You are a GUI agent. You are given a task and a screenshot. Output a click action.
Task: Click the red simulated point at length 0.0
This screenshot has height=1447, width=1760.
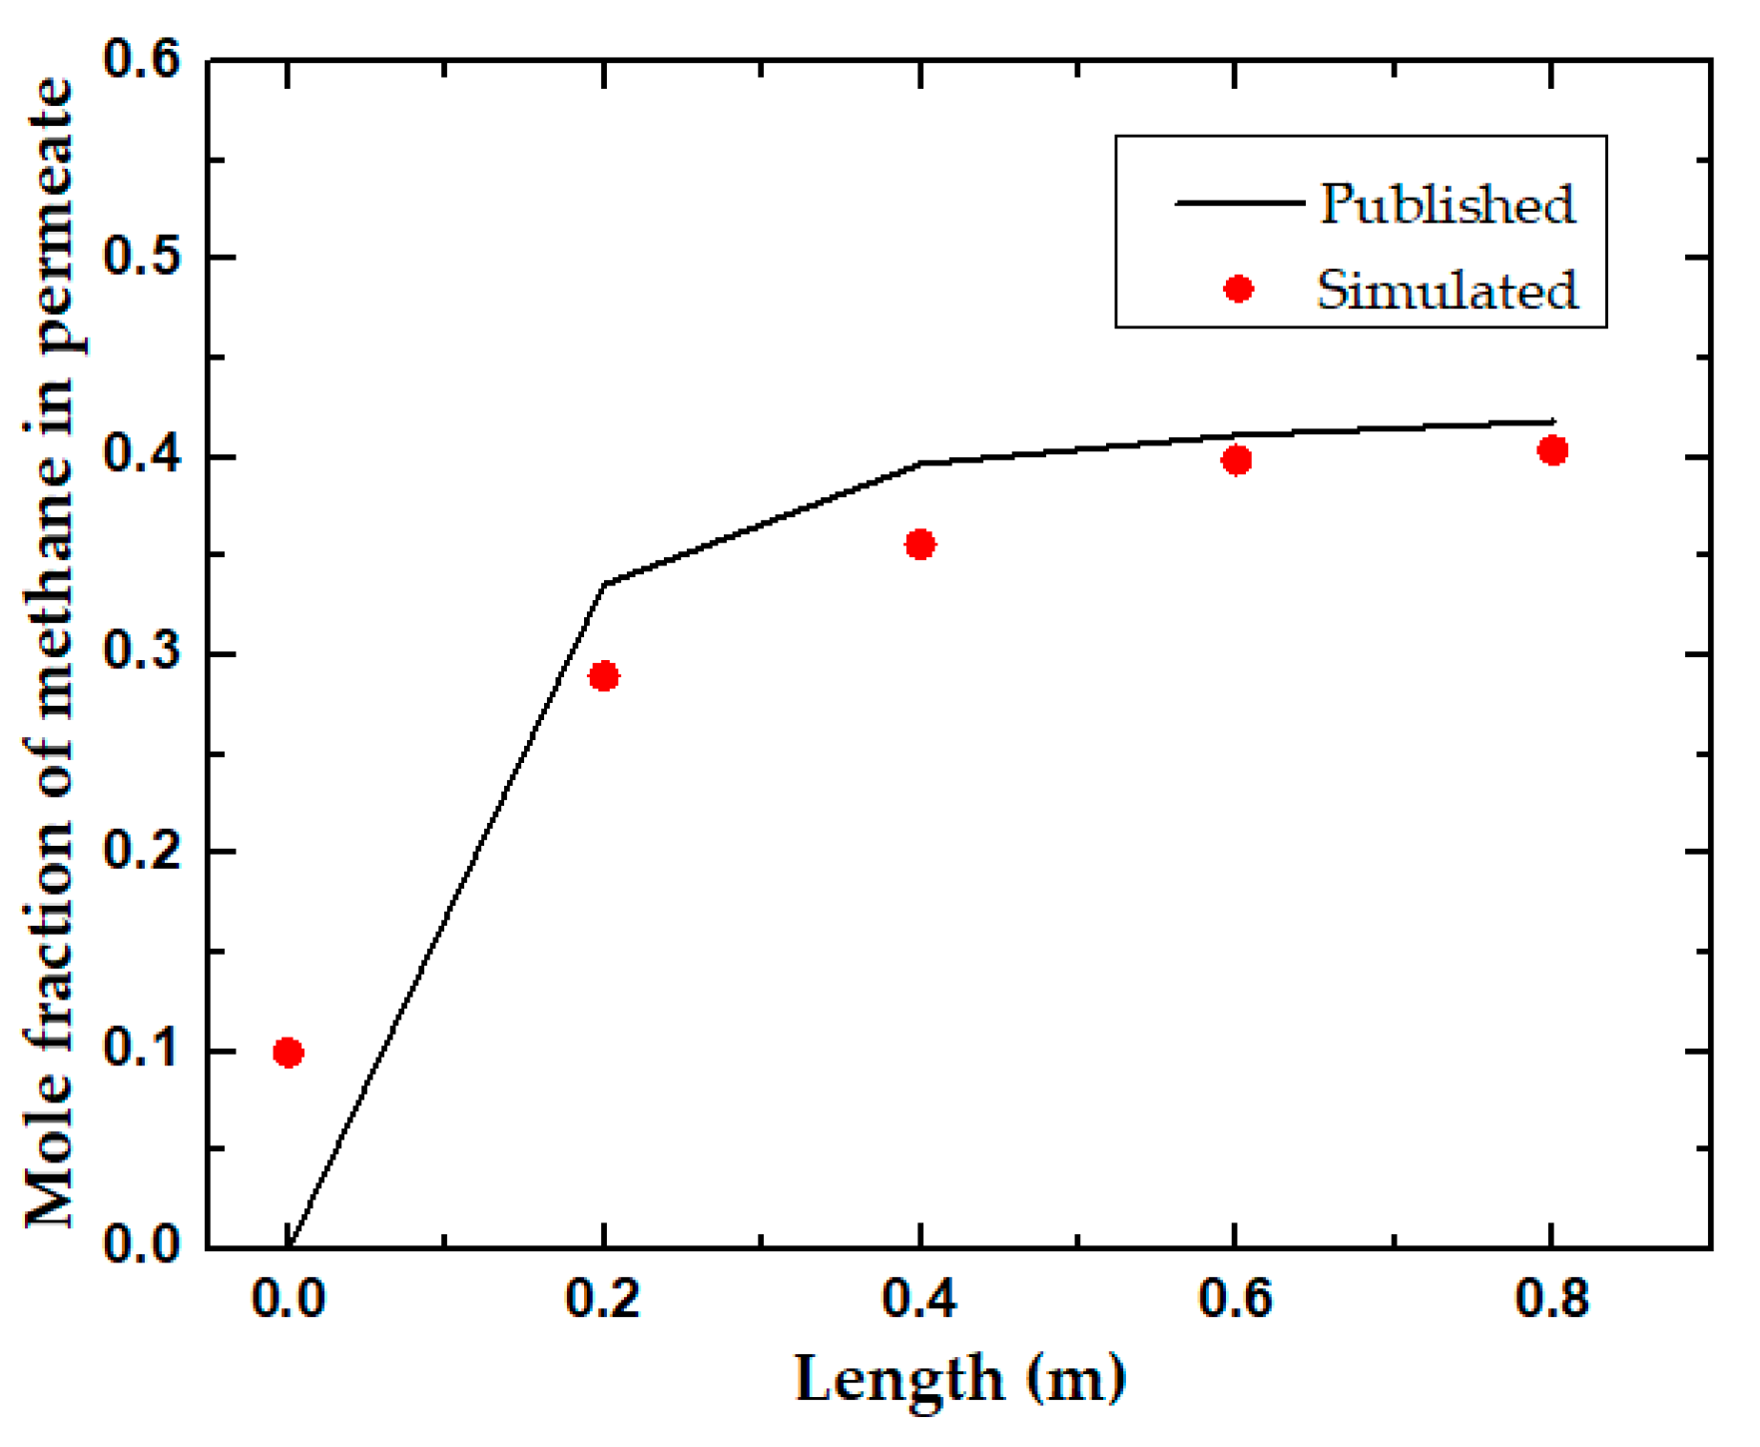point(289,1053)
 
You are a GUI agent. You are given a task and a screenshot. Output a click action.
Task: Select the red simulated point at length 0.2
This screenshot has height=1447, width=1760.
point(604,676)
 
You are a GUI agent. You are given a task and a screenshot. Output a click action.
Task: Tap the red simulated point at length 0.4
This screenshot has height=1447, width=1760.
point(919,544)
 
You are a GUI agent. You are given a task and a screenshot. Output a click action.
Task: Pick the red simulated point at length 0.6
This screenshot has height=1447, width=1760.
point(1236,460)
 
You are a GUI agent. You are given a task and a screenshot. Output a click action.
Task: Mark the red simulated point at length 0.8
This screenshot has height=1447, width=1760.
point(1552,450)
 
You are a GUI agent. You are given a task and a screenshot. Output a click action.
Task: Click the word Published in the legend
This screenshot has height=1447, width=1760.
point(1447,205)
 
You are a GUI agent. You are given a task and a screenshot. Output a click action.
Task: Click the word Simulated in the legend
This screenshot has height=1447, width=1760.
point(1447,291)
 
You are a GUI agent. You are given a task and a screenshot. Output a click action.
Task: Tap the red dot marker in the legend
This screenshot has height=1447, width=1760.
point(1238,289)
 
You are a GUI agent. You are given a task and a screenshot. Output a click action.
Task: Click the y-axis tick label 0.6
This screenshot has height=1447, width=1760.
point(142,60)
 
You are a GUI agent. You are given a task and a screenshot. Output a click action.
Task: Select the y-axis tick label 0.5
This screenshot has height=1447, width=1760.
point(142,258)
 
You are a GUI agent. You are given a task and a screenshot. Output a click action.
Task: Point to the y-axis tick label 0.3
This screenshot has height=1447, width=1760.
point(142,653)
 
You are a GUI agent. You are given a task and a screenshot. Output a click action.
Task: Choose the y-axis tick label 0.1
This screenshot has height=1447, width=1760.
point(142,1050)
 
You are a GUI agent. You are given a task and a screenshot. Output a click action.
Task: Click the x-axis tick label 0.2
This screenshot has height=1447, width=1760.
point(603,1299)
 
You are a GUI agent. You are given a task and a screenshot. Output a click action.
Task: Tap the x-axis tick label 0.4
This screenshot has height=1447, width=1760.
point(919,1299)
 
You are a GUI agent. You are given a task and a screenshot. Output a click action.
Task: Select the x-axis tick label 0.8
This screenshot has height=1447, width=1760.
point(1551,1299)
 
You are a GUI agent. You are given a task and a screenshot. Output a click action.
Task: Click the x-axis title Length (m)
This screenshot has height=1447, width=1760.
point(960,1379)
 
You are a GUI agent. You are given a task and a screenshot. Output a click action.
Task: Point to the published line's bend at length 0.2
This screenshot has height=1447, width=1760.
point(605,584)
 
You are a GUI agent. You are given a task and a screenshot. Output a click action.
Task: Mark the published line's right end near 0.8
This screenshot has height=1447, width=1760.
point(1553,421)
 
